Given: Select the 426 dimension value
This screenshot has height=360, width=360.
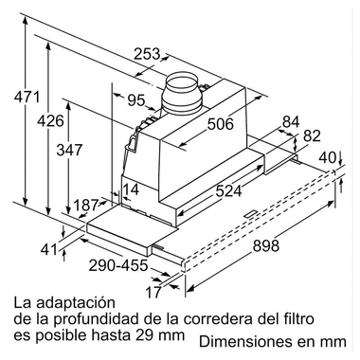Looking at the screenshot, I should click(50, 123).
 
